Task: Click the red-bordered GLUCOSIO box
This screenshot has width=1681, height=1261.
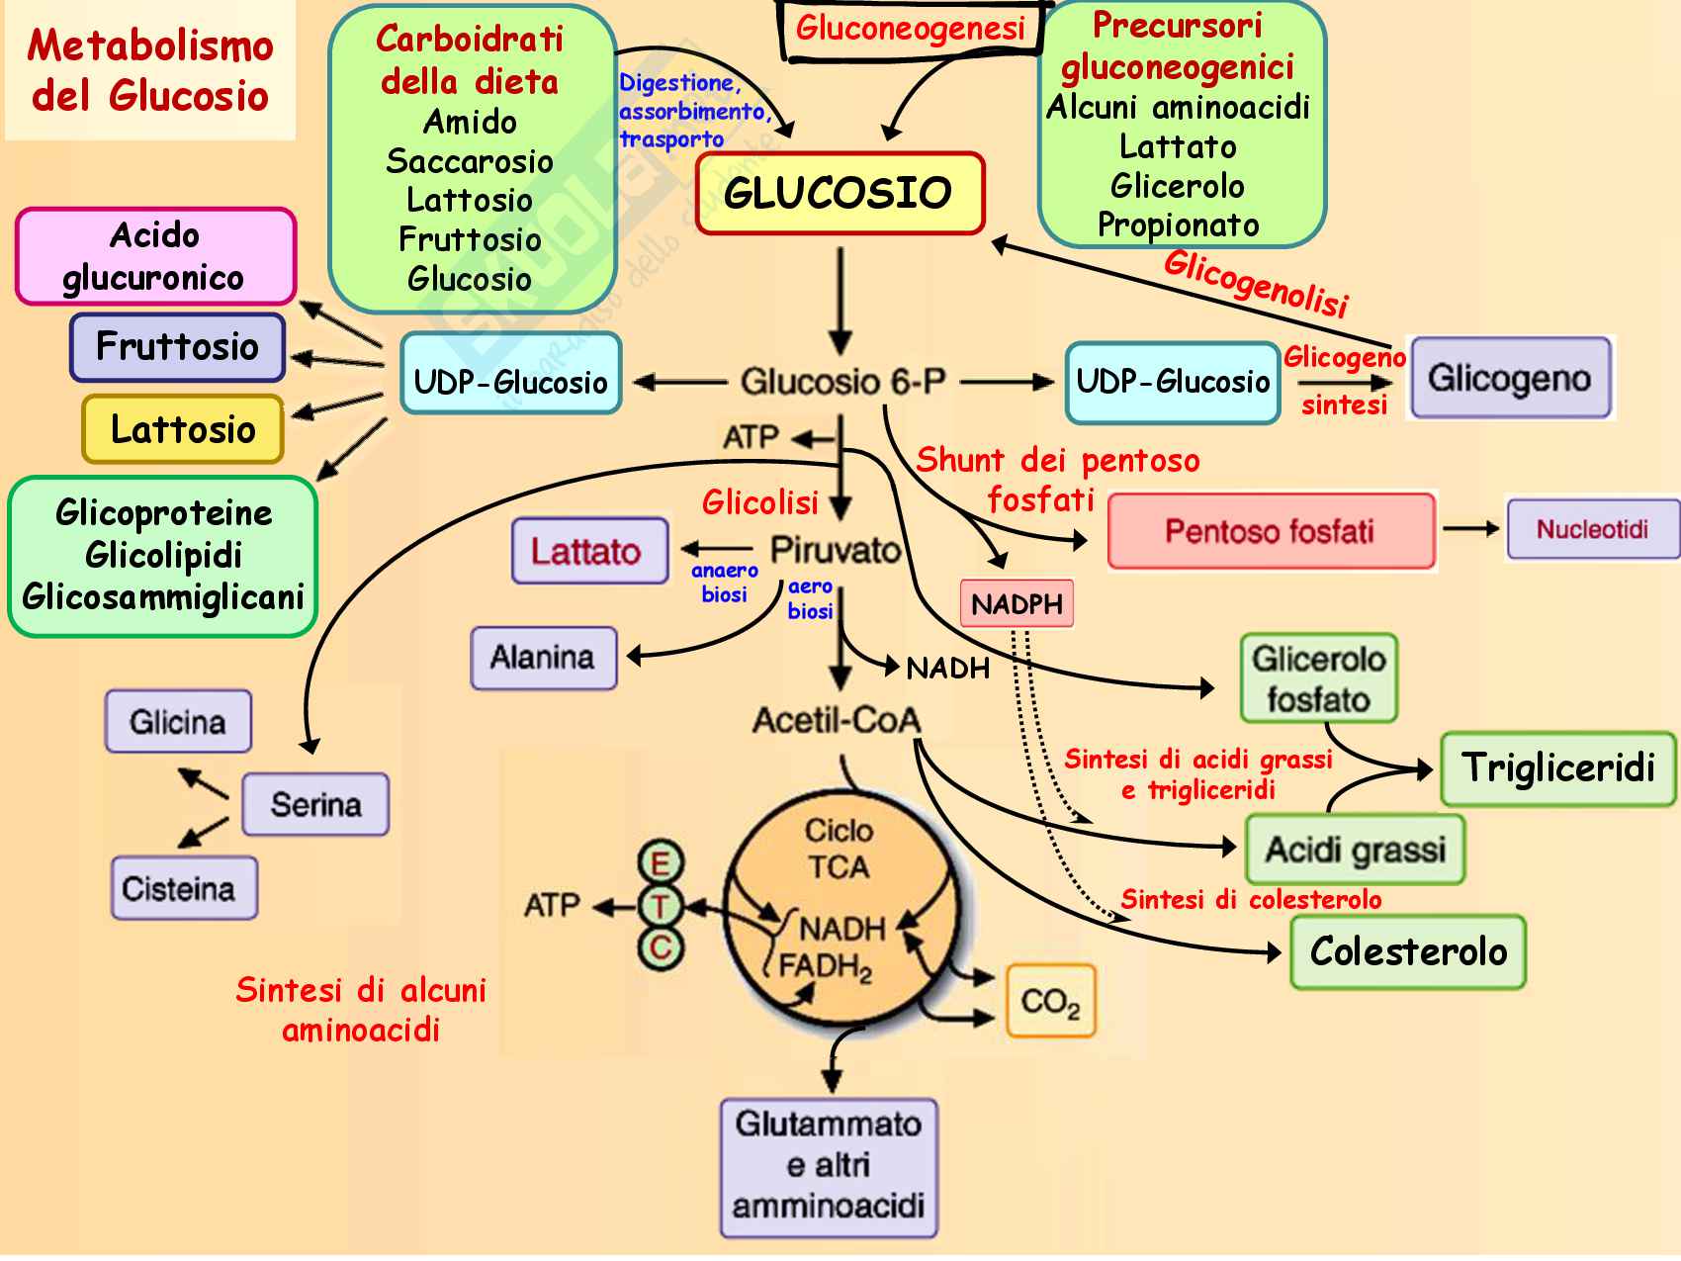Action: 840,193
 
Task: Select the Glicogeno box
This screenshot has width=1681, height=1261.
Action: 1510,378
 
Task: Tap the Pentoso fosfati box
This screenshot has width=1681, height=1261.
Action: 1271,531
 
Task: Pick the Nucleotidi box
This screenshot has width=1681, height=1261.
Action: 1591,529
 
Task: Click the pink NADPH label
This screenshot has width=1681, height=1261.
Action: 1017,603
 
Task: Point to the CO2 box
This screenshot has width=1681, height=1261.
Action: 1050,1002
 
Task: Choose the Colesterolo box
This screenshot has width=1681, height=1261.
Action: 1408,951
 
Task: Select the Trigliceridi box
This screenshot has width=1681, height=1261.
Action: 1557,768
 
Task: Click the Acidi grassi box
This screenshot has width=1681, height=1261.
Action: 1355,850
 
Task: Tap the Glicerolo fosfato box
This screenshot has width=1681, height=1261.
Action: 1318,678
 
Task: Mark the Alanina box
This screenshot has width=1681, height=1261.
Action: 543,658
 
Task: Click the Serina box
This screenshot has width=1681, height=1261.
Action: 315,804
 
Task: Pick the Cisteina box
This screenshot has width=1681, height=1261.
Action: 183,888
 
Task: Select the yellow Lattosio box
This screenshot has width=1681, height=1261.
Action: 183,429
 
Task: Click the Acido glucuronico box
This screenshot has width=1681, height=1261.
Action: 155,256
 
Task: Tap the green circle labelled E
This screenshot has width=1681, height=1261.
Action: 660,863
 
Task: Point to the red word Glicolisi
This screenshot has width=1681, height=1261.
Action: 759,503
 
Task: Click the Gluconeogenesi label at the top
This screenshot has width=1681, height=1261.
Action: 910,28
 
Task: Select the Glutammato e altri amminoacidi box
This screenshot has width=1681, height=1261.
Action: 829,1167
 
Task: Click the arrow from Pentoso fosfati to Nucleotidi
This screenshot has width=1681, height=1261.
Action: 1470,529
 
